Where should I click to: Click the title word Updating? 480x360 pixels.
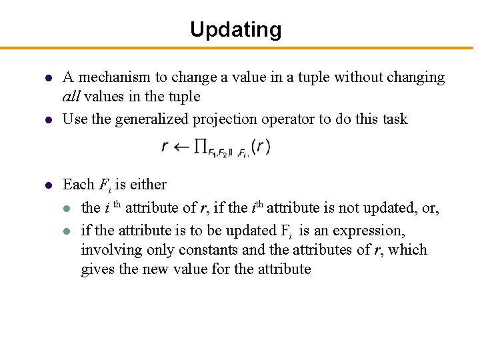(x=236, y=29)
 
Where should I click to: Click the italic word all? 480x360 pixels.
(x=71, y=97)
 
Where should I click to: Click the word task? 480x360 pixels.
(x=393, y=119)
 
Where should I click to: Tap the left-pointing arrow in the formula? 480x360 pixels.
(x=181, y=147)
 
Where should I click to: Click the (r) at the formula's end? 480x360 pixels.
(x=261, y=147)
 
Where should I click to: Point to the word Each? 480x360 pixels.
(x=77, y=184)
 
